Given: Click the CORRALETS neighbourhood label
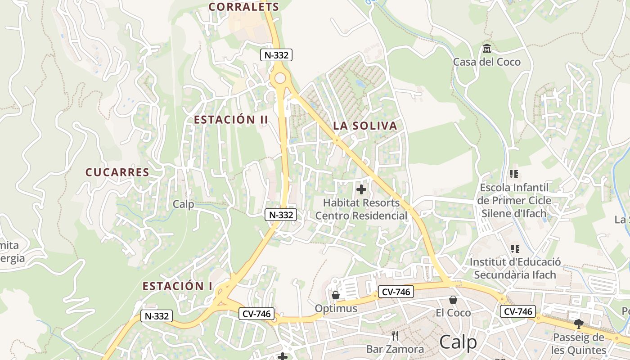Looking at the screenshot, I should point(244,7).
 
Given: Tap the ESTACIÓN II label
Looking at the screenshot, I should point(231,120).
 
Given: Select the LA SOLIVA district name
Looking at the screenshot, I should point(365,126).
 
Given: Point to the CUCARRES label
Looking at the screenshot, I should point(117,172).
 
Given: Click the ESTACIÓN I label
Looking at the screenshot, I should point(177,286).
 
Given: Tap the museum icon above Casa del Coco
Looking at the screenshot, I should point(486,48).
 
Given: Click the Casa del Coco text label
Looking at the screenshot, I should point(486,62).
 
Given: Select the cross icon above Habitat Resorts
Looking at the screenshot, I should point(361,189).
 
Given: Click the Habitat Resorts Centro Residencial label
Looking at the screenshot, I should point(361,209).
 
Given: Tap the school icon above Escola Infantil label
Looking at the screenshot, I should point(514,174).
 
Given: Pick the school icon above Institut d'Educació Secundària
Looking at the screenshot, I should point(515,248).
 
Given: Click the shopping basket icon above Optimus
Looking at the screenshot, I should point(335,295).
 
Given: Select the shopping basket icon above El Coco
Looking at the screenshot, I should point(453,300).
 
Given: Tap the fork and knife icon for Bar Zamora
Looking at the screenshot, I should point(395,335).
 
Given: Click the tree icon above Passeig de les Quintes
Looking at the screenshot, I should point(578,324).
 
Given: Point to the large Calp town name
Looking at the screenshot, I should point(458,342).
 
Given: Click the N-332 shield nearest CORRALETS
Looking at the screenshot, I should point(276,55).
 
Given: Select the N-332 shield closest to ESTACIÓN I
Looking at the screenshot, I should point(157,316).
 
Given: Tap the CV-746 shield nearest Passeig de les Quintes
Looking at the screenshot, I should point(517,311).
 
